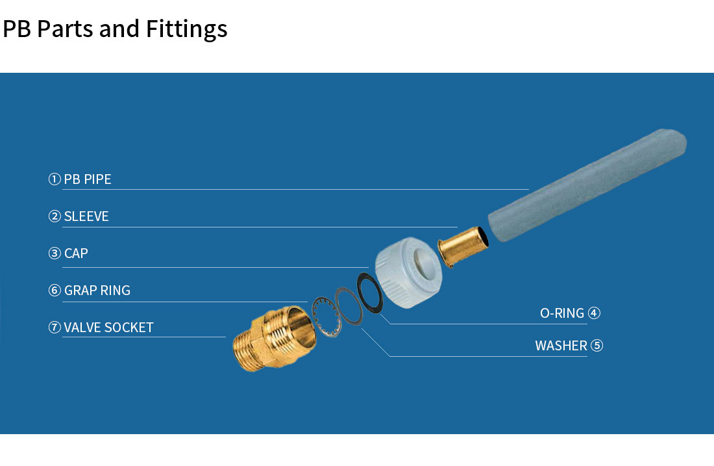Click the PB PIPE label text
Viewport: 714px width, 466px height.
88,179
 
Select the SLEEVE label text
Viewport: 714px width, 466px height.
86,216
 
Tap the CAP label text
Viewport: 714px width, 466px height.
76,253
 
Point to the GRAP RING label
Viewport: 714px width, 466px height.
97,291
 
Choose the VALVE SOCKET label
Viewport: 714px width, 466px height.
108,328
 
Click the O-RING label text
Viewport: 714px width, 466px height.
562,313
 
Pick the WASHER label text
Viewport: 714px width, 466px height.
561,346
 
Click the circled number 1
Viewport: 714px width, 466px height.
55,179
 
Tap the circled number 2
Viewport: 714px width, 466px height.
55,216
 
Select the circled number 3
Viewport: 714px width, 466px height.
55,253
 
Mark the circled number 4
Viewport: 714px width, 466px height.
594,313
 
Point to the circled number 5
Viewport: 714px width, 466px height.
597,346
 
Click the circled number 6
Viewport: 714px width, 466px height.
55,291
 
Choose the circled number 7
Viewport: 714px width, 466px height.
55,328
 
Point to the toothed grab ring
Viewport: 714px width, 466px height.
323,317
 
